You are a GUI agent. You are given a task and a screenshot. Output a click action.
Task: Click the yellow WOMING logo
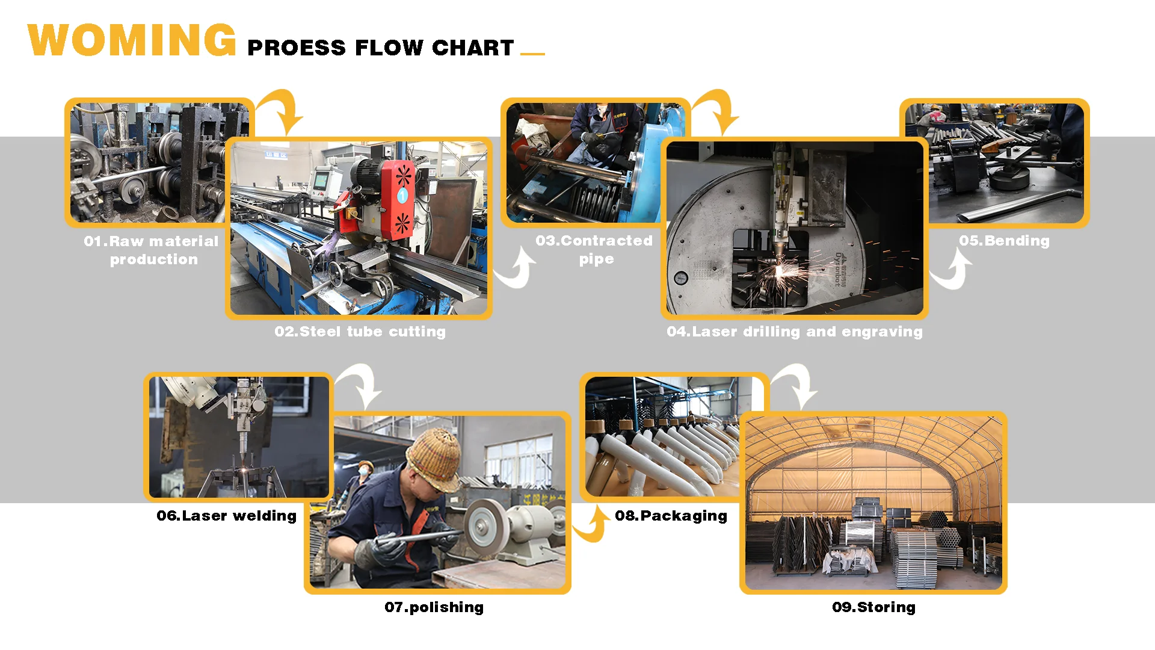pos(132,40)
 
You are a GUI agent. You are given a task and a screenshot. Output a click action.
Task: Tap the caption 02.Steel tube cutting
pos(360,332)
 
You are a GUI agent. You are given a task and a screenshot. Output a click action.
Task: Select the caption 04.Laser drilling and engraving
pos(794,332)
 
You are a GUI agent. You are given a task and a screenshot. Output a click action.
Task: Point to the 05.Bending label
pos(1004,241)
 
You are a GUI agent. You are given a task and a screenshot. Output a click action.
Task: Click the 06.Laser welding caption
pos(226,516)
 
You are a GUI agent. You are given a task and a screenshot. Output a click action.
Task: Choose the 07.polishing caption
pos(434,607)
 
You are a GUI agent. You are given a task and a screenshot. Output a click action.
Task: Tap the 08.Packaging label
pos(671,516)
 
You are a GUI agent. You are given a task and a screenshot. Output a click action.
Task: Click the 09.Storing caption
pos(873,607)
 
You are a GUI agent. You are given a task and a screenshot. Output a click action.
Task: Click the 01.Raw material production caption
pos(152,250)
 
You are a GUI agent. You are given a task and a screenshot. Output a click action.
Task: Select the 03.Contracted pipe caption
pos(594,249)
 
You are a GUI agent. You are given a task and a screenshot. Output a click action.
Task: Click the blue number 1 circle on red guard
pos(402,195)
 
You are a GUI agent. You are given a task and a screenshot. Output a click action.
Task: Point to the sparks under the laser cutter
pos(781,274)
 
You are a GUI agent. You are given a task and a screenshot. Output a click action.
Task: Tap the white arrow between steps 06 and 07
pos(360,385)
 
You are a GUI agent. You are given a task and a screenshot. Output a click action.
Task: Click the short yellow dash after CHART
pos(532,54)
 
